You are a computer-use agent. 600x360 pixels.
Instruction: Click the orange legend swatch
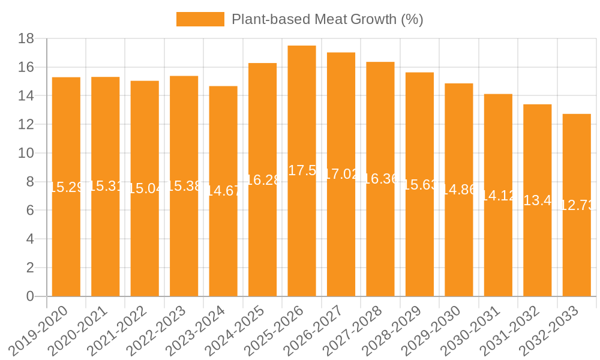200,19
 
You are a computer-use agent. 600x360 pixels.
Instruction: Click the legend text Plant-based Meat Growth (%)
327,19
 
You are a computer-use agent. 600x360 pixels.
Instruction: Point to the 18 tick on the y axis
26,38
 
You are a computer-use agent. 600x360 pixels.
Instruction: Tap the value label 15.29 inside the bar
66,187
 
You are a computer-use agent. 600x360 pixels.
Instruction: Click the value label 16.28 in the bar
263,180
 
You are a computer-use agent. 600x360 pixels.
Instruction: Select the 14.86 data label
459,190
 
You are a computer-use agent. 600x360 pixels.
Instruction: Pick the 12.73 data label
577,205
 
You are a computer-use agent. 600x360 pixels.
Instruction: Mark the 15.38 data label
184,186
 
